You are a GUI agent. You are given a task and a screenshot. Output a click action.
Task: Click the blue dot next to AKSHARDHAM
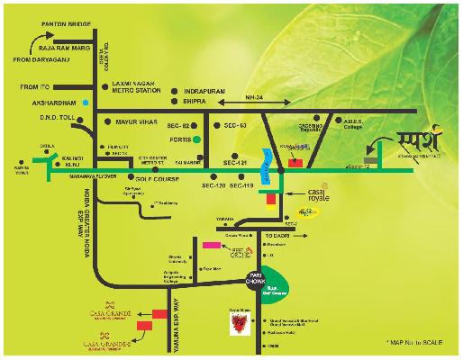(86, 103)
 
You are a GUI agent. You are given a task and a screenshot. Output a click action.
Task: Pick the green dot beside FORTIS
(209, 140)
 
